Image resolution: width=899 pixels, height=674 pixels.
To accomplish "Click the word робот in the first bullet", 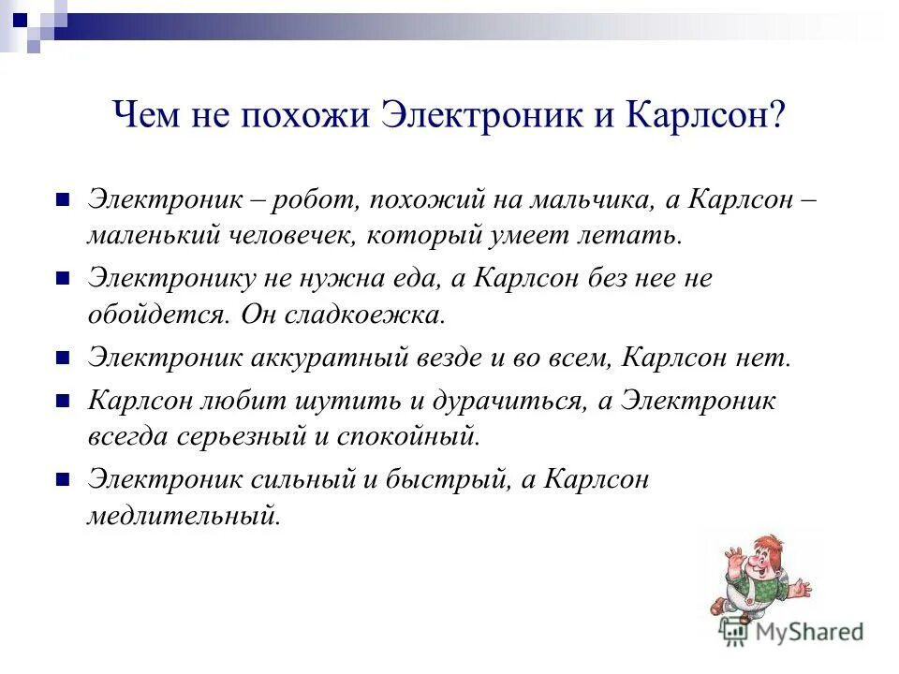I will tap(315, 199).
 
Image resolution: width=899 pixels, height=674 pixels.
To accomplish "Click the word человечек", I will tap(289, 234).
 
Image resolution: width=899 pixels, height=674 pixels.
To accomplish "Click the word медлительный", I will tap(184, 515).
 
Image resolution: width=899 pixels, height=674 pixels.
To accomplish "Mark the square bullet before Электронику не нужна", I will tap(65, 278).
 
